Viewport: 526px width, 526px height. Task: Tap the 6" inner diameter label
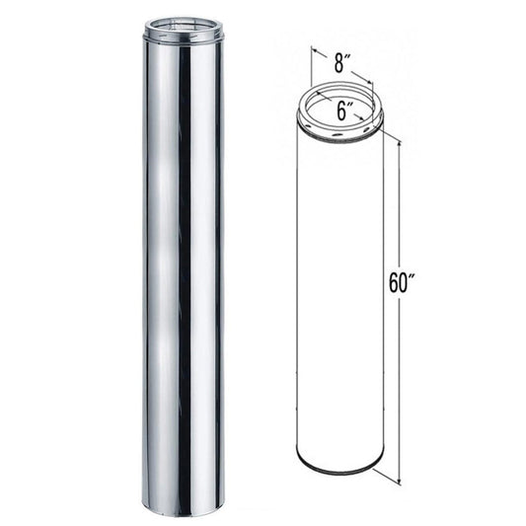pos(341,112)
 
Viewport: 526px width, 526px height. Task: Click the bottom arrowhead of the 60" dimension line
pos(399,482)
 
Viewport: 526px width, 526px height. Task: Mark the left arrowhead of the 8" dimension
pos(314,51)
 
